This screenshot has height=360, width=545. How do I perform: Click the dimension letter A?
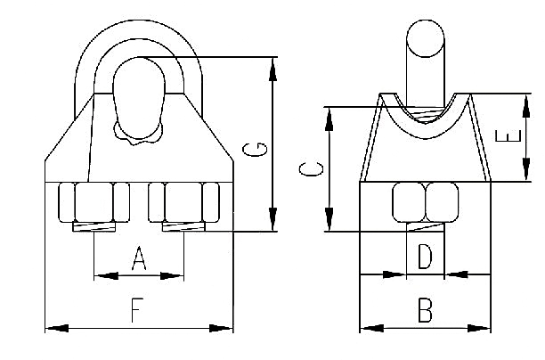[139, 258]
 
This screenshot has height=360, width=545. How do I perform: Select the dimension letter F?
[137, 310]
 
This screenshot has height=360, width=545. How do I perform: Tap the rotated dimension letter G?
[255, 150]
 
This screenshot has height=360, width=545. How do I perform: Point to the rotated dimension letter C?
[311, 169]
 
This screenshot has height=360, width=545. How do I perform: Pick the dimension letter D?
[425, 257]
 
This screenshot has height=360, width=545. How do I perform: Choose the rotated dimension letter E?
[508, 136]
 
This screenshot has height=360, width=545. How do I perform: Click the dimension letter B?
[425, 310]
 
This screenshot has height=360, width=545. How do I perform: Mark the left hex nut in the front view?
[94, 202]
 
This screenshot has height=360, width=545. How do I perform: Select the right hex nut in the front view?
[183, 202]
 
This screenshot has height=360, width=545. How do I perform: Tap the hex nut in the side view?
[425, 202]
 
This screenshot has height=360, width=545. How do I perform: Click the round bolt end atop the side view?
[426, 38]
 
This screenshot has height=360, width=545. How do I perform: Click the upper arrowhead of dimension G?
[273, 69]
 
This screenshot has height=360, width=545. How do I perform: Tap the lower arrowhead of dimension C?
[329, 219]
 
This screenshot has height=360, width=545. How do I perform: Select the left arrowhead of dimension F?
[57, 328]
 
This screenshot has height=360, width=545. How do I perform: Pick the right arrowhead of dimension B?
[479, 328]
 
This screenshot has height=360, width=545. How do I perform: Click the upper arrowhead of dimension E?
[526, 106]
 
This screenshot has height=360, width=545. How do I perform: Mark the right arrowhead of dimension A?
[171, 276]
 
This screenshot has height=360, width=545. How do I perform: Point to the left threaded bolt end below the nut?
[94, 227]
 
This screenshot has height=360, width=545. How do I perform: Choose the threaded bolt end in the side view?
[425, 227]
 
